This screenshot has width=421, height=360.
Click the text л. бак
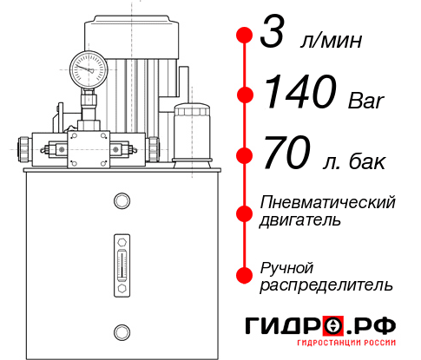click(x=351, y=160)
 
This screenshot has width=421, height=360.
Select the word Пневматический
click(x=328, y=203)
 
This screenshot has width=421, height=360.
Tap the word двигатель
click(x=300, y=220)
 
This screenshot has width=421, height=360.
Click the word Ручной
click(x=286, y=266)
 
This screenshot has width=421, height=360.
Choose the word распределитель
click(x=326, y=284)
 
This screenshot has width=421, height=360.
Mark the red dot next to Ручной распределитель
click(x=244, y=274)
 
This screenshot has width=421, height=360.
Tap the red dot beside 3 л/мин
click(x=244, y=36)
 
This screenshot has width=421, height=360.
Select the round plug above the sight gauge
click(x=121, y=202)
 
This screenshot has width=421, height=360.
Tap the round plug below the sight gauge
click(x=121, y=331)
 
